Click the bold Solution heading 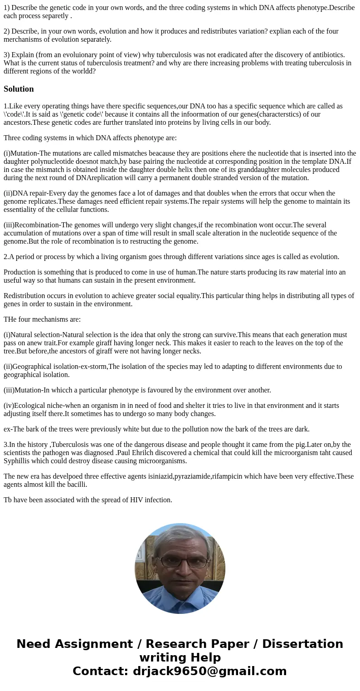pos(19,89)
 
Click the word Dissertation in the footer pos(302,644)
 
